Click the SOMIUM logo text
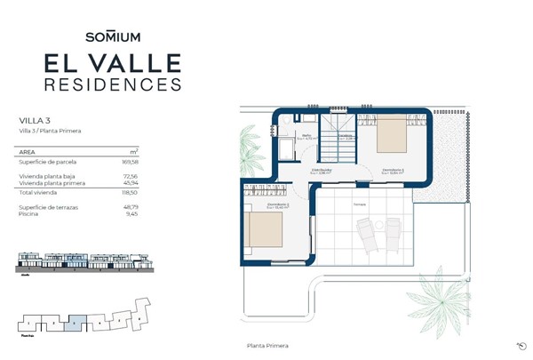[x=113, y=36]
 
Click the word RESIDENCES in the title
[x=113, y=84]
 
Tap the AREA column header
[x=28, y=152]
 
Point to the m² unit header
[x=134, y=152]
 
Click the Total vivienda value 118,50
[x=131, y=191]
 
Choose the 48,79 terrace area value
[x=131, y=206]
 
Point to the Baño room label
[x=306, y=135]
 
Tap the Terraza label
[x=360, y=204]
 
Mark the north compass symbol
[x=519, y=345]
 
